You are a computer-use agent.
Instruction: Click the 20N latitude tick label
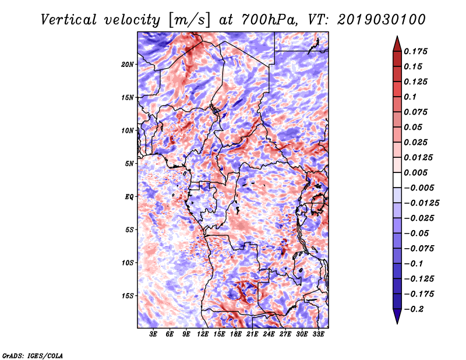coord(128,65)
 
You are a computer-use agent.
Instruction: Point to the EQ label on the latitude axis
coord(129,197)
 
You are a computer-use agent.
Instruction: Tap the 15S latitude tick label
coord(128,296)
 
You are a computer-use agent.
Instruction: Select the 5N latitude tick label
coord(129,164)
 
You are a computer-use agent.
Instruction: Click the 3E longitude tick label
coord(153,334)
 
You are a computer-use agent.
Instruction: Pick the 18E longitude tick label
coord(236,334)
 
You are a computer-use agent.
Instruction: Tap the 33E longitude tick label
coord(318,334)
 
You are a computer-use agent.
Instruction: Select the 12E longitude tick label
coord(203,334)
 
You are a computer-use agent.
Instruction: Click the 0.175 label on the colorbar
coord(415,51)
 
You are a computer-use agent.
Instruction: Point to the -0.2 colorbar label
coord(414,309)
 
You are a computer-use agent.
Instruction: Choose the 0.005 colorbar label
coord(415,172)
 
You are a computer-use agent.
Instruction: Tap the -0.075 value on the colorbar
coord(419,249)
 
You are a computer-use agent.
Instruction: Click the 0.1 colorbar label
coord(410,97)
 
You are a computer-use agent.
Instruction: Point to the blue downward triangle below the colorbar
coord(397,316)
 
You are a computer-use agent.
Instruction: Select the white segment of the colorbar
coord(397,180)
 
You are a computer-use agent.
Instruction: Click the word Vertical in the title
coord(69,20)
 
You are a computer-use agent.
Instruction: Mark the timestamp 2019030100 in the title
coord(382,20)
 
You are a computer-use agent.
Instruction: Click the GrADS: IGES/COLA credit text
coord(33,355)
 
